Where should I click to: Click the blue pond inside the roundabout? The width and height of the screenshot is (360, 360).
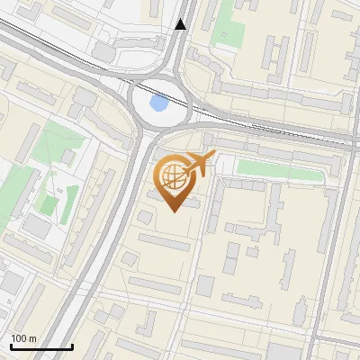(159, 103)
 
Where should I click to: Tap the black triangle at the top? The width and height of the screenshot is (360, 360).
(182, 24)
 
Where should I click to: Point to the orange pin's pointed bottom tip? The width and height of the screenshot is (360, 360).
(172, 211)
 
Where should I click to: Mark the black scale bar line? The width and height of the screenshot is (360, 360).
(41, 347)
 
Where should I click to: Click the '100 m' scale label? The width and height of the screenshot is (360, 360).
(23, 338)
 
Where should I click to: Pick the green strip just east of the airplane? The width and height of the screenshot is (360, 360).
(270, 167)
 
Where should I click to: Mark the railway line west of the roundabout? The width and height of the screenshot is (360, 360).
(54, 50)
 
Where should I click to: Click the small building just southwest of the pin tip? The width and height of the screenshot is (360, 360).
(144, 217)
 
